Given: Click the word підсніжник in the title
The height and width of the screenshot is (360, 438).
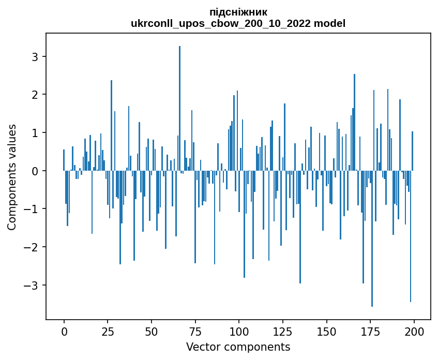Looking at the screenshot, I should click(x=238, y=12).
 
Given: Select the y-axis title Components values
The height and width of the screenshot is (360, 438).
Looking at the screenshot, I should click(x=12, y=177).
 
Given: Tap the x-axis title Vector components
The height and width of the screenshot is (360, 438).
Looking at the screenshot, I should click(x=238, y=347).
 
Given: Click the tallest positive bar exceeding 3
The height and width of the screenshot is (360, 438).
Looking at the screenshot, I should click(x=179, y=103).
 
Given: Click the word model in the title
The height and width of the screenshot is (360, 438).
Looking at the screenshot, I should click(x=331, y=23).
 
